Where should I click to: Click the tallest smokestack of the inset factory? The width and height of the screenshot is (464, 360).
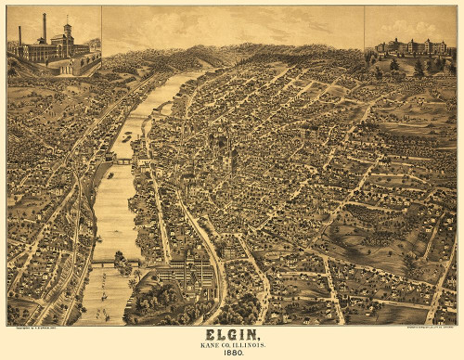(x=45, y=27)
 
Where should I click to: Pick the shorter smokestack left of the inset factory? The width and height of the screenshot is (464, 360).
(x=19, y=35)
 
